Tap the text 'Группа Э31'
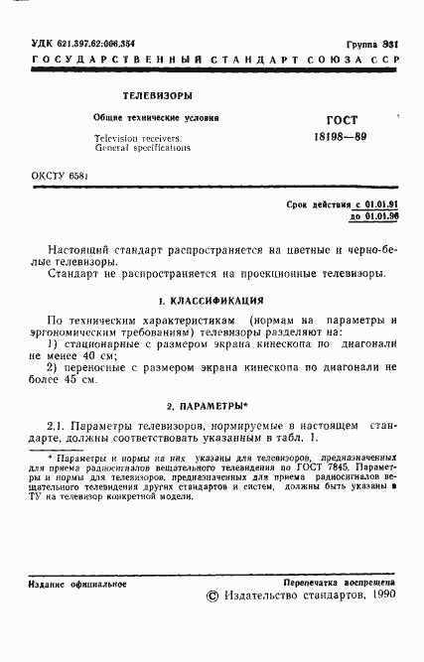(x=372, y=46)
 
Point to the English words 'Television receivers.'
(x=137, y=137)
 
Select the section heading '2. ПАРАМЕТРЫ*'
(x=212, y=406)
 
